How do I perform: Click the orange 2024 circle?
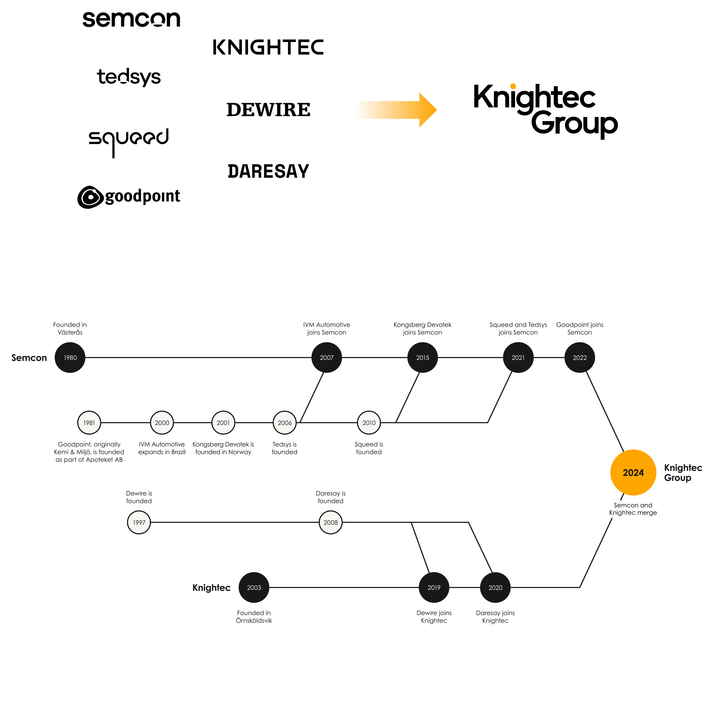coord(633,472)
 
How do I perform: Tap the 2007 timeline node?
coord(327,358)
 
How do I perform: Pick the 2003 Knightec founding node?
coord(254,587)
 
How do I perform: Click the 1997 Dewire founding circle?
coord(139,522)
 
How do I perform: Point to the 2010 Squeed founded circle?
coord(369,423)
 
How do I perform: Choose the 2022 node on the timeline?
coord(580,358)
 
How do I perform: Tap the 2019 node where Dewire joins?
coord(434,587)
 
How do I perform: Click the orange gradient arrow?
coord(397,110)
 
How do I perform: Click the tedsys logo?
coord(129,77)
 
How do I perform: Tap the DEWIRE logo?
coord(268,110)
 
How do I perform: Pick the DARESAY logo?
coord(268,171)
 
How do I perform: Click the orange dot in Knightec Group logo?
coord(513,86)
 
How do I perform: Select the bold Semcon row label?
coord(29,358)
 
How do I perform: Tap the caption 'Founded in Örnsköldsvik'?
coord(254,617)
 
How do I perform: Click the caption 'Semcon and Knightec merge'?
coord(633,509)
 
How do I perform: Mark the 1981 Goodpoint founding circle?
coord(89,423)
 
